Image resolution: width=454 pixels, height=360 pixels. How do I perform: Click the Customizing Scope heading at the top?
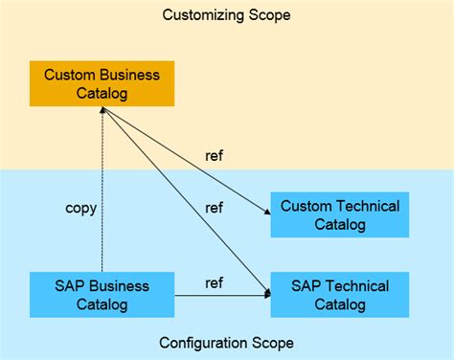pos(226,15)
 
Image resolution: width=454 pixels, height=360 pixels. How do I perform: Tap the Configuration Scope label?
pos(226,343)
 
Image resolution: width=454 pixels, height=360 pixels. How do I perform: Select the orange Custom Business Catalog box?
pos(102,84)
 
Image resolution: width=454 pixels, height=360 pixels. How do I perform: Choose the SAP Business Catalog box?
pos(102,295)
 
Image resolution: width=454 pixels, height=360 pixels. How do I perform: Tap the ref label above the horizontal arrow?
pos(216,283)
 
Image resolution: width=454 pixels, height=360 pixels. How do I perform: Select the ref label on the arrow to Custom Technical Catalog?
pos(216,155)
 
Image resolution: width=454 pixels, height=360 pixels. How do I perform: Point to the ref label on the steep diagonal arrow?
pos(216,207)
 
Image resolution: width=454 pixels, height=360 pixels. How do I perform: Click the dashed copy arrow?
pos(102,191)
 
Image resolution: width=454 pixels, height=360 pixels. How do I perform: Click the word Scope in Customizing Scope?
pos(269,15)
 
